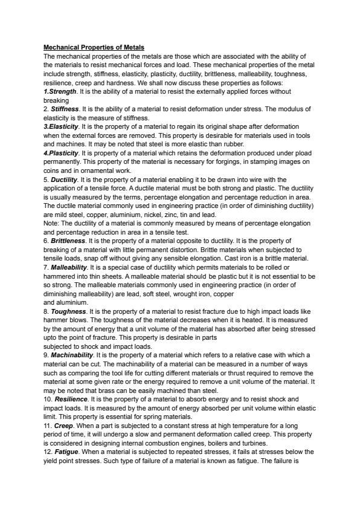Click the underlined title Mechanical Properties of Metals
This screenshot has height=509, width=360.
pyautogui.click(x=94, y=47)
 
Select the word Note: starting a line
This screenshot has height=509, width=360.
pyautogui.click(x=52, y=223)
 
